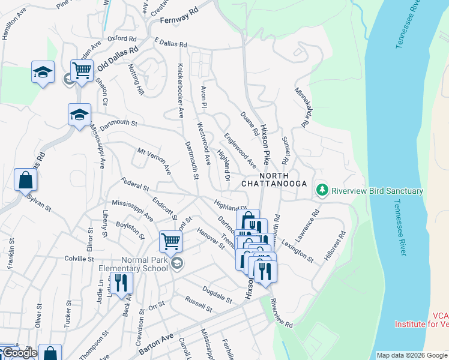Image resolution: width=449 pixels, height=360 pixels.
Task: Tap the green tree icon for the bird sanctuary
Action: click(323, 190)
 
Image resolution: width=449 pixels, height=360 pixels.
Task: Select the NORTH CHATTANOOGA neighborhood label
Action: click(274, 178)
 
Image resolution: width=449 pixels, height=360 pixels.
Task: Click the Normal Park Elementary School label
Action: click(137, 265)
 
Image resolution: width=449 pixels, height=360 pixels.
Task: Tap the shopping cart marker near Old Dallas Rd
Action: click(82, 70)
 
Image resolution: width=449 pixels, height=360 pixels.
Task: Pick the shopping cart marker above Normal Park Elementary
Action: click(170, 242)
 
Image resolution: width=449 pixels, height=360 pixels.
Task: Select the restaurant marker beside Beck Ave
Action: click(121, 283)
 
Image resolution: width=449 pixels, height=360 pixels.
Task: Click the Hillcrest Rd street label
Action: click(334, 245)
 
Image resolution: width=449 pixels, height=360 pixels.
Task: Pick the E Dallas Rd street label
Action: click(170, 44)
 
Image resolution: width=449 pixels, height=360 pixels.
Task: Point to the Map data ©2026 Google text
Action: click(412, 355)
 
